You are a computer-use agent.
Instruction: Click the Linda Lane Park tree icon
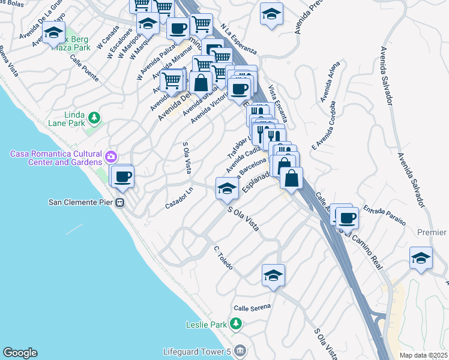click(x=94, y=117)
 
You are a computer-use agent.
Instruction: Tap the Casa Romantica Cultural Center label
click(x=56, y=158)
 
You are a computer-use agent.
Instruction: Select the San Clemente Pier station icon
click(x=120, y=202)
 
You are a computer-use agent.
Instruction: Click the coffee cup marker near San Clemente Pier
click(x=123, y=176)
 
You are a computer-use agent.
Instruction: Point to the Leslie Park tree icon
click(x=237, y=325)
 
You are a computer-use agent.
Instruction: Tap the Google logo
click(x=20, y=353)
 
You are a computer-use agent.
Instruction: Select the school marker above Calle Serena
click(x=273, y=275)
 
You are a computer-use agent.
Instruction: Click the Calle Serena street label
click(x=252, y=307)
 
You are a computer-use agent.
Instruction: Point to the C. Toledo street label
click(x=223, y=257)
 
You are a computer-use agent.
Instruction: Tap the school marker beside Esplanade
click(x=227, y=188)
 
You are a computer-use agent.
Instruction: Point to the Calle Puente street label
click(x=84, y=68)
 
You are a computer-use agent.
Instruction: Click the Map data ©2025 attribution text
click(x=423, y=355)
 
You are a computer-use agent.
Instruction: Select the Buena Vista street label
click(x=9, y=63)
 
